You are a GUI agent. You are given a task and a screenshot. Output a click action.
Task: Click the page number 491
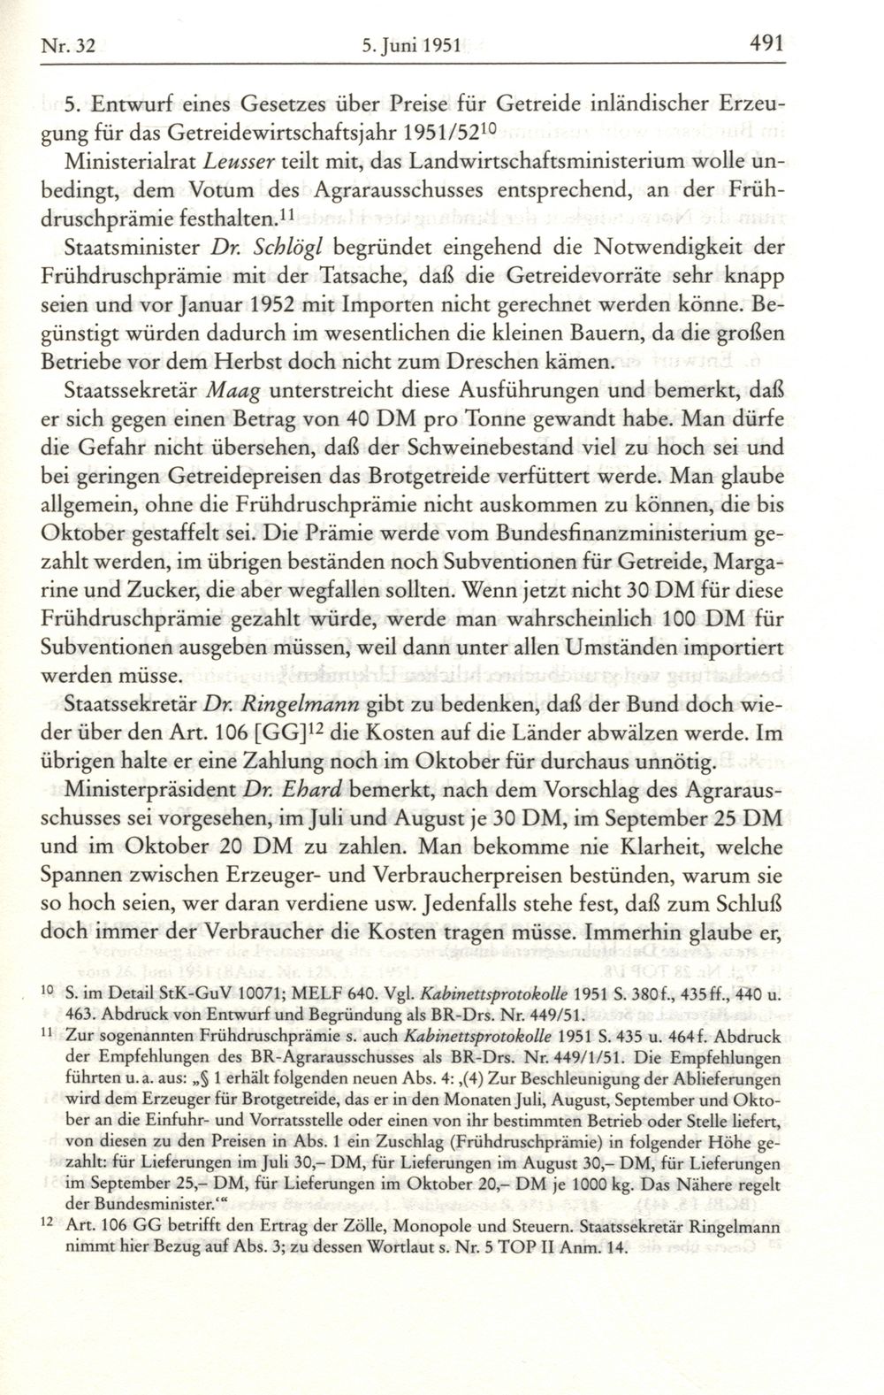point(768,42)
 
